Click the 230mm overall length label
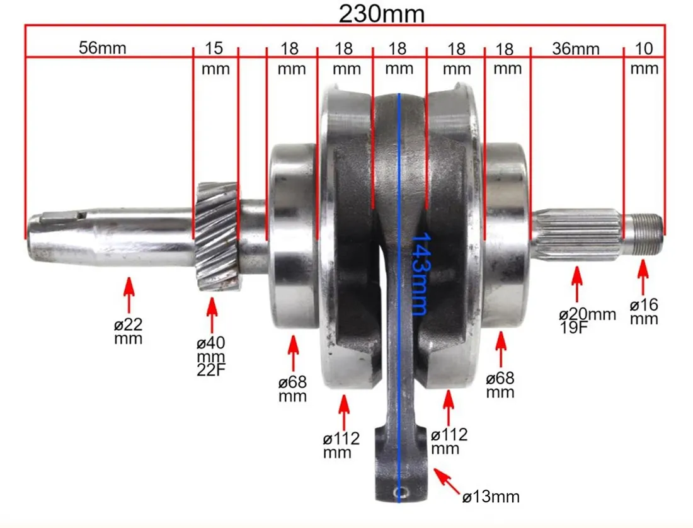[381, 14]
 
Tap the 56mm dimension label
[103, 48]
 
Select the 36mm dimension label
[575, 49]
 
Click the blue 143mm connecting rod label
[420, 274]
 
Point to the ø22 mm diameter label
[128, 331]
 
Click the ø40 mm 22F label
[211, 356]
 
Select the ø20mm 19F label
[587, 321]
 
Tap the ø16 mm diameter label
[644, 311]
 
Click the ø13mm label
[491, 497]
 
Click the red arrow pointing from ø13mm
[447, 481]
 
